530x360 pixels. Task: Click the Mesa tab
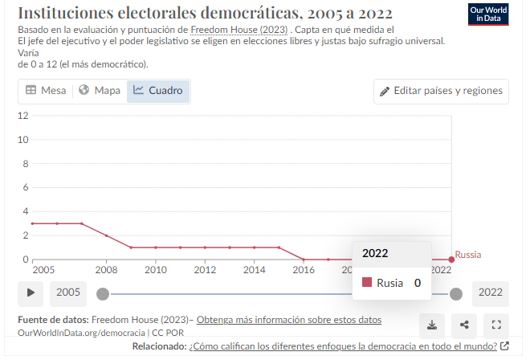[46, 91]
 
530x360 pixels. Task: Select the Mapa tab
[99, 91]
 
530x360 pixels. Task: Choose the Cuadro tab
[158, 91]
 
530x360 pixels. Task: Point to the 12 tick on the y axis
[23, 116]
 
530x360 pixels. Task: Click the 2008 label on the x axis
[106, 270]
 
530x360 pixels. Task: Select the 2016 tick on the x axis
[304, 270]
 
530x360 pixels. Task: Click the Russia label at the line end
[468, 255]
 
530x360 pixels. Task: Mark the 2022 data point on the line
[451, 260]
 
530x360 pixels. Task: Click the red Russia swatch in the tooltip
[367, 283]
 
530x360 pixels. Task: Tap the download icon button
[432, 325]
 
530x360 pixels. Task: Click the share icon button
[464, 325]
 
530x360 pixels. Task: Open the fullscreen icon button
[496, 325]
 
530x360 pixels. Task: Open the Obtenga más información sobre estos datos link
[289, 320]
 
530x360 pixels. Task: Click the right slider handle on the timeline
[456, 293]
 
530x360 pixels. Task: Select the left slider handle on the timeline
[102, 293]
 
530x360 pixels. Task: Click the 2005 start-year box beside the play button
[68, 292]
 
